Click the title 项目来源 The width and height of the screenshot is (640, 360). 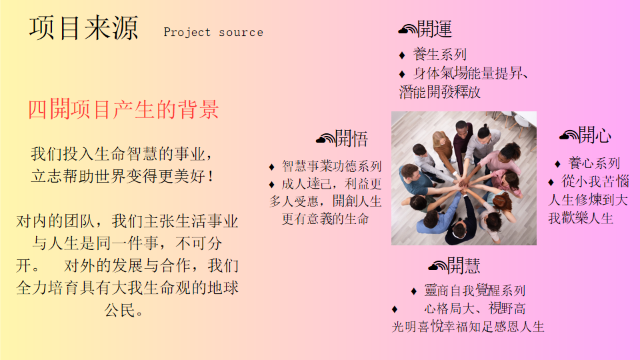(84, 29)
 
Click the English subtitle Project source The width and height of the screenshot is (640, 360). (213, 32)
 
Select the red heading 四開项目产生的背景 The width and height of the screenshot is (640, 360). (123, 109)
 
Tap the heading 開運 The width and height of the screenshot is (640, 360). (435, 29)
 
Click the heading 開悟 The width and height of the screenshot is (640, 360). (351, 139)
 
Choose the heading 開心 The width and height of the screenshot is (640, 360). (595, 135)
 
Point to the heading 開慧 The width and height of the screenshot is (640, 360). (464, 266)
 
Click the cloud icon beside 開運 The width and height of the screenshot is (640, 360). (408, 29)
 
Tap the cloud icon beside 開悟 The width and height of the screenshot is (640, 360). (325, 139)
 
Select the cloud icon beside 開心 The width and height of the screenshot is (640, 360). (569, 135)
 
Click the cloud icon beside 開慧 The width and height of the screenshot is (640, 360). (437, 266)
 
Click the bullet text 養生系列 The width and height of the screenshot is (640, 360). (439, 54)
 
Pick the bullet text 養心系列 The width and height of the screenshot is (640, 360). (594, 163)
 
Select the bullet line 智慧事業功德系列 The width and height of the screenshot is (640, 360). (332, 166)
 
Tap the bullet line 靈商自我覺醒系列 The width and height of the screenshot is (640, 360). (475, 291)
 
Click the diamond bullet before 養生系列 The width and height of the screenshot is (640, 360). (402, 55)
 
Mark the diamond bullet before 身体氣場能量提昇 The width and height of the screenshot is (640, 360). (402, 74)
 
